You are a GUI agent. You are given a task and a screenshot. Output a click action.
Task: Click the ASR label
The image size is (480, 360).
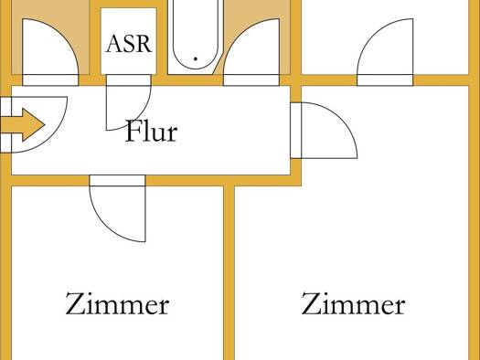(129, 44)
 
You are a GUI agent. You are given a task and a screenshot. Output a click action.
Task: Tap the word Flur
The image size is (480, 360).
(151, 131)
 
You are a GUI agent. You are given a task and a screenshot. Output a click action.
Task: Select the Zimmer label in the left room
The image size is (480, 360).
(117, 303)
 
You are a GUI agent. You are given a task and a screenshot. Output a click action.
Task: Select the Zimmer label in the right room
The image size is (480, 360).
(353, 303)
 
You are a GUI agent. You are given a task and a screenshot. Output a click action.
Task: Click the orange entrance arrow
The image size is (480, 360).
(23, 124)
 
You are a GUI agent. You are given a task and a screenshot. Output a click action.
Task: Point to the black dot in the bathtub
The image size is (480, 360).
(196, 58)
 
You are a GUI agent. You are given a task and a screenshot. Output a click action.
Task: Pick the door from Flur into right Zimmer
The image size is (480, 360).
(324, 131)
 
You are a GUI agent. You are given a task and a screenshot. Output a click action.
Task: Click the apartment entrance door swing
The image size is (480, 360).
(34, 124)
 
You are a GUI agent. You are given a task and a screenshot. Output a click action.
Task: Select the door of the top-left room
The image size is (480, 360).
(50, 52)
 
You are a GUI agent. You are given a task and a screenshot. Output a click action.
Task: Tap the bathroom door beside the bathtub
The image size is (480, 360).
(251, 52)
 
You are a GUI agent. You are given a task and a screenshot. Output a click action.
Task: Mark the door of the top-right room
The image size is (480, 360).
(385, 52)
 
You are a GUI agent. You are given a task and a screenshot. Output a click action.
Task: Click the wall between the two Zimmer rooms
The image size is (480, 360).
(229, 272)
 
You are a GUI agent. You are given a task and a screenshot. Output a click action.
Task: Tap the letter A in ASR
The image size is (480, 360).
(114, 44)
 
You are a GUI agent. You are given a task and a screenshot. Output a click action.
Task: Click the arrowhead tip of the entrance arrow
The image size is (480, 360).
(45, 124)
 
